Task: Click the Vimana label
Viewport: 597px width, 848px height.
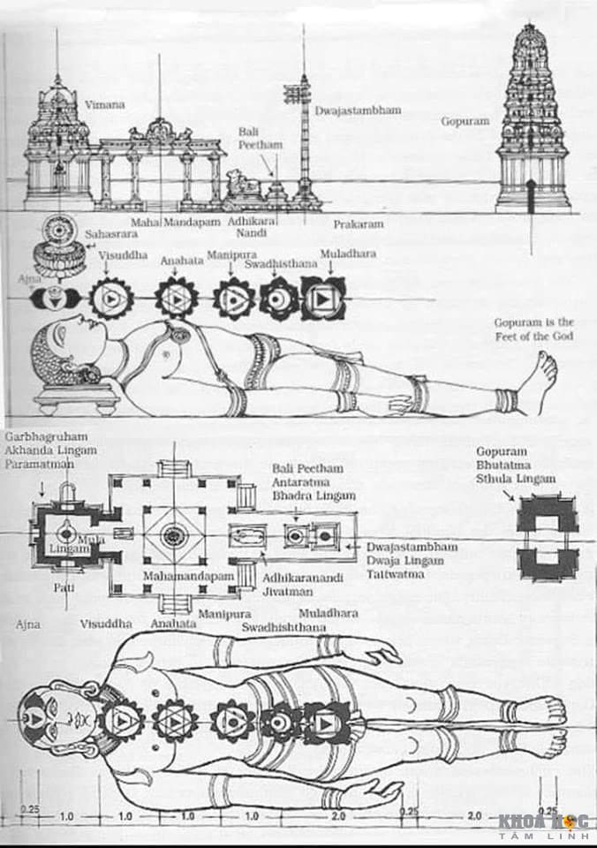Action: point(104,104)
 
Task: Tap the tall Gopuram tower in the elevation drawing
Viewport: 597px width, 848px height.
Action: point(533,124)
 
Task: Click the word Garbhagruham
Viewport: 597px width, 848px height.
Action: point(40,437)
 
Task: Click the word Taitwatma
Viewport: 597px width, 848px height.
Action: point(397,573)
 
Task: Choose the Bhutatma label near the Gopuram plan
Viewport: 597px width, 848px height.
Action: point(506,464)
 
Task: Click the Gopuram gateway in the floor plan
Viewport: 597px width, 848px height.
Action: point(547,536)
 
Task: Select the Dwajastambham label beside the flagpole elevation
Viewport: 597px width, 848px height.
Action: point(358,111)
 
